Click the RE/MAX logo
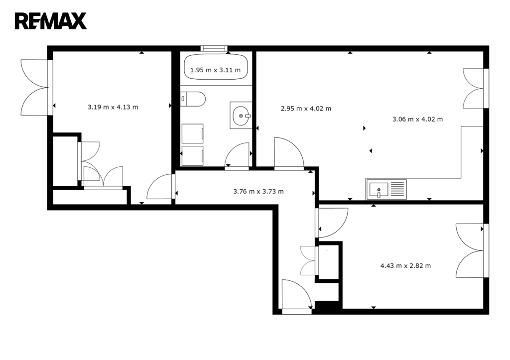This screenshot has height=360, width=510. coord(50,21)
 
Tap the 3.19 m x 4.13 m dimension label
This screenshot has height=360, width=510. coord(113,107)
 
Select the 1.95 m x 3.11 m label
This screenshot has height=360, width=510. coord(215,70)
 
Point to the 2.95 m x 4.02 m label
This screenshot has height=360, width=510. coord(306,108)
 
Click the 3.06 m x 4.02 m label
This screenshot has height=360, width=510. coord(418,119)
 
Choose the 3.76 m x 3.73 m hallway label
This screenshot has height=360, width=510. coord(258,192)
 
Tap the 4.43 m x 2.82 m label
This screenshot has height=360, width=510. coord(405,266)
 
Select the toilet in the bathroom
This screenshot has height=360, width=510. coord(193,99)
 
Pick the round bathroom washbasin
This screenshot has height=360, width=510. coord(241,116)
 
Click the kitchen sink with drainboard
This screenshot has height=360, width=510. coord(386,189)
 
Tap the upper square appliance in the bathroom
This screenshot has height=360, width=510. coord(193,133)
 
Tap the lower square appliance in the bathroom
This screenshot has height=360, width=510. coord(193,156)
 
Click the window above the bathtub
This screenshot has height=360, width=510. coord(214,48)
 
